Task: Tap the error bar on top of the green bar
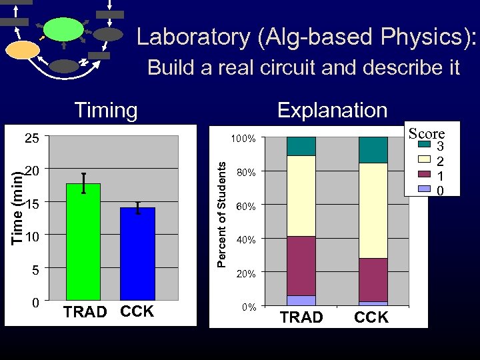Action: click(x=83, y=182)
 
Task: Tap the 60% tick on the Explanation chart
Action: click(x=246, y=207)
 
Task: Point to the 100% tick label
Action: click(x=244, y=139)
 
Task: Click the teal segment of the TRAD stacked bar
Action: click(x=301, y=146)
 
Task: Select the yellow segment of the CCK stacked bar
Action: click(x=373, y=210)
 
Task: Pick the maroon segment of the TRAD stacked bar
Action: click(x=301, y=265)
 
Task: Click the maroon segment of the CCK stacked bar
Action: click(x=373, y=279)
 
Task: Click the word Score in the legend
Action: click(x=427, y=133)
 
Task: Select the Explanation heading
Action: click(x=332, y=110)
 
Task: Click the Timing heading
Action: click(x=106, y=110)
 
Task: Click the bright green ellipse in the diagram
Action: click(x=65, y=30)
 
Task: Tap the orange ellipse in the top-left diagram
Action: click(x=23, y=50)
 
